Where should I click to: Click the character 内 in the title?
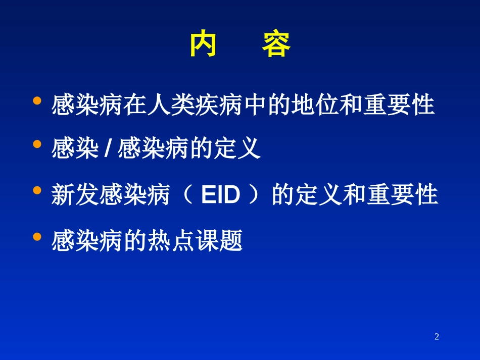point(203,45)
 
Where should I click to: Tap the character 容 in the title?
point(276,45)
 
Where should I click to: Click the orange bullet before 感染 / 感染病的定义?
point(36,144)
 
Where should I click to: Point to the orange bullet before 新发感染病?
point(36,190)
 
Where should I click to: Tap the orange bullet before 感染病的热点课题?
point(36,236)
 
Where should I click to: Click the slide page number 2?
point(437,337)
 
